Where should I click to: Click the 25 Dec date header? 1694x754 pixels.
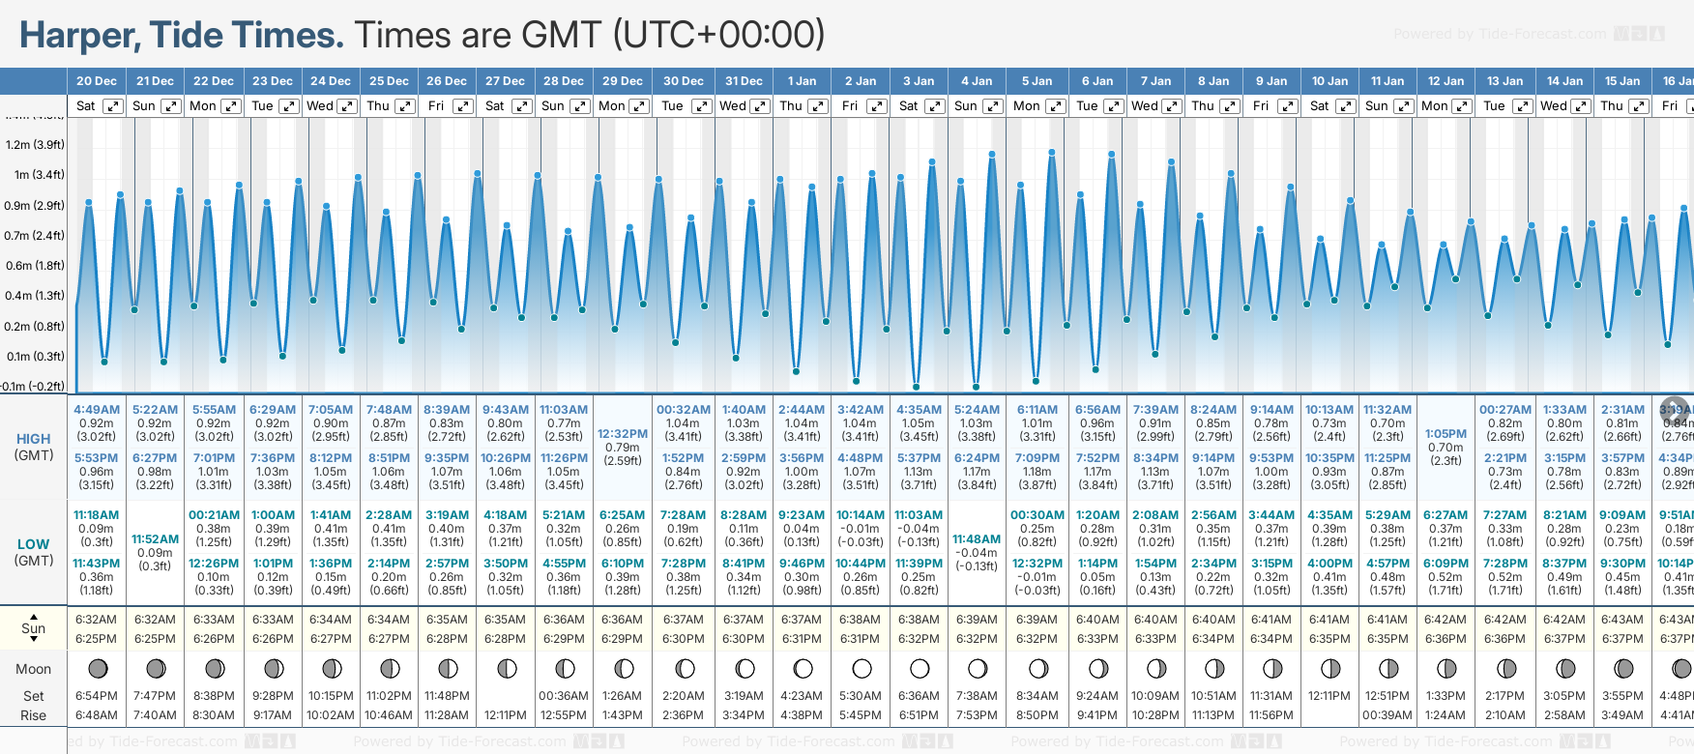click(389, 81)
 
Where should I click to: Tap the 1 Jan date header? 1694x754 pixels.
click(802, 81)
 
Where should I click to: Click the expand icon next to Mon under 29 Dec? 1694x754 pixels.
click(638, 106)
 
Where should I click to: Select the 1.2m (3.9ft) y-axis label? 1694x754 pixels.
click(35, 145)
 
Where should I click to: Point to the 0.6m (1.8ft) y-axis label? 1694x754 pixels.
click(35, 266)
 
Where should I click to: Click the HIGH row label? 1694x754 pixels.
click(33, 439)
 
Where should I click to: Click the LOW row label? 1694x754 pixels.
click(33, 544)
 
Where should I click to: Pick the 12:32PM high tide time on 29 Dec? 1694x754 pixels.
click(623, 434)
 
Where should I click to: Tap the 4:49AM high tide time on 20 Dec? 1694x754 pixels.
click(97, 410)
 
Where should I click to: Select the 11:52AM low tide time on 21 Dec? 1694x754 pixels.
click(155, 539)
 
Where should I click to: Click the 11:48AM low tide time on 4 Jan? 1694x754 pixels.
click(977, 539)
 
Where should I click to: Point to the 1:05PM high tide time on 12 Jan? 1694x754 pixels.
click(1446, 434)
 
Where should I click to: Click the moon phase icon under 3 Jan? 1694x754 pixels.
click(920, 668)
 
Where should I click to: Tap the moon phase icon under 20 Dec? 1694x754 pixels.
click(97, 668)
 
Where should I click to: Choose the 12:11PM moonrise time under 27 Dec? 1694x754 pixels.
click(506, 715)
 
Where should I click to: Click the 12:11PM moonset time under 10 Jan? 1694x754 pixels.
click(1329, 696)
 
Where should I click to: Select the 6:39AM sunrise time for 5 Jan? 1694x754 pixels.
click(1037, 620)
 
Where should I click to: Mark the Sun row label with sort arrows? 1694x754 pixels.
click(34, 628)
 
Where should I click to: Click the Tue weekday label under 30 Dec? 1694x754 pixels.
click(672, 106)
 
